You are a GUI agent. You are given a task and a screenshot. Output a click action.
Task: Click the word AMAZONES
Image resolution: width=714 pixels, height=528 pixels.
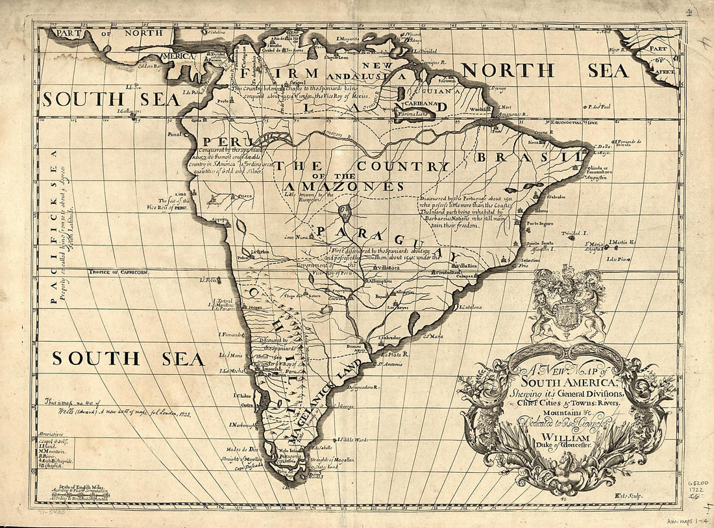344,187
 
